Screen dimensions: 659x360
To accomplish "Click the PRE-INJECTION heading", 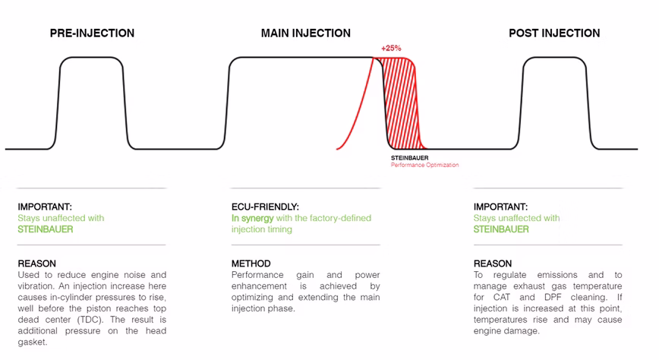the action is [92, 33].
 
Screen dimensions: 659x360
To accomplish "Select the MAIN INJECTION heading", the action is [305, 33].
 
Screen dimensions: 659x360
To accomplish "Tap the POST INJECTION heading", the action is [554, 33].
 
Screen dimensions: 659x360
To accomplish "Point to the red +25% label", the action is [391, 49].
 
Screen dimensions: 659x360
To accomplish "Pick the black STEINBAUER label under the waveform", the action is [410, 158].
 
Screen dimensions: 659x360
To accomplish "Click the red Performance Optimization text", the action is [424, 165].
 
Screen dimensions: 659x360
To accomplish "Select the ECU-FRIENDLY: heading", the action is [265, 207].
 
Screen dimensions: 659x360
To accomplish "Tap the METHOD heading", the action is [251, 264].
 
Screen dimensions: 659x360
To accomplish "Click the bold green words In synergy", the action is [253, 218].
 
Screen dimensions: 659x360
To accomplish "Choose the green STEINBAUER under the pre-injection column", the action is [46, 229].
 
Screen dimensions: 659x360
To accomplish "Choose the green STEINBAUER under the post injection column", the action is [501, 229].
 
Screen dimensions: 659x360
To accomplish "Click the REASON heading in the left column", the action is [37, 264].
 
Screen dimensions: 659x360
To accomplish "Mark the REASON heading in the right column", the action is [493, 264].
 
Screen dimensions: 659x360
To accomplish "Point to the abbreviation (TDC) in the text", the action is [90, 320].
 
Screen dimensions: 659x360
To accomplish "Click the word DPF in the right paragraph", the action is [553, 297].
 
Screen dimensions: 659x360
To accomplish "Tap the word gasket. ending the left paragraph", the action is [33, 343].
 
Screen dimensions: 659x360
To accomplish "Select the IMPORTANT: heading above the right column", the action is [500, 207].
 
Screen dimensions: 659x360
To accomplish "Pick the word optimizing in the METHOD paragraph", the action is [252, 297].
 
